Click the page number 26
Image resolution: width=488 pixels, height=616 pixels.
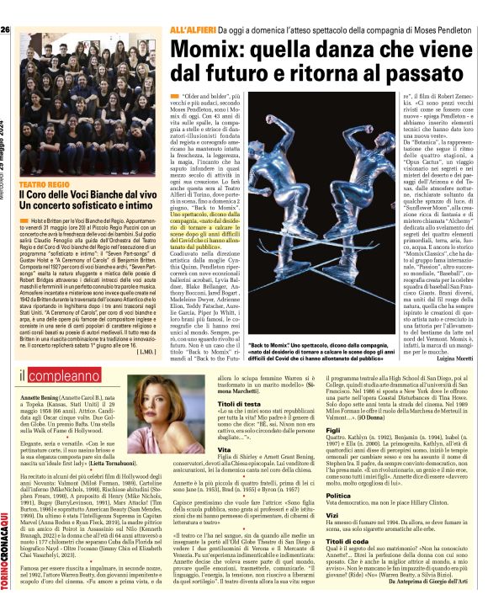(6, 30)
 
